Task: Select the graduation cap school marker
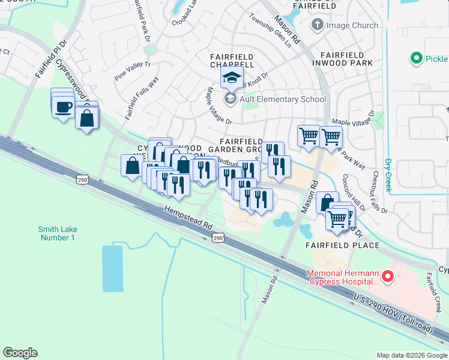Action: point(232,77)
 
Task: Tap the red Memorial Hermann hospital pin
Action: point(387,277)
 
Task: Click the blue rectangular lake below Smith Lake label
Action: point(112,268)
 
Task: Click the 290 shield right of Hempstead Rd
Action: point(218,238)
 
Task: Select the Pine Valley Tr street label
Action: point(132,67)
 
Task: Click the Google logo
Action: point(20,353)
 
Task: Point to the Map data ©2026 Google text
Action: point(411,355)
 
